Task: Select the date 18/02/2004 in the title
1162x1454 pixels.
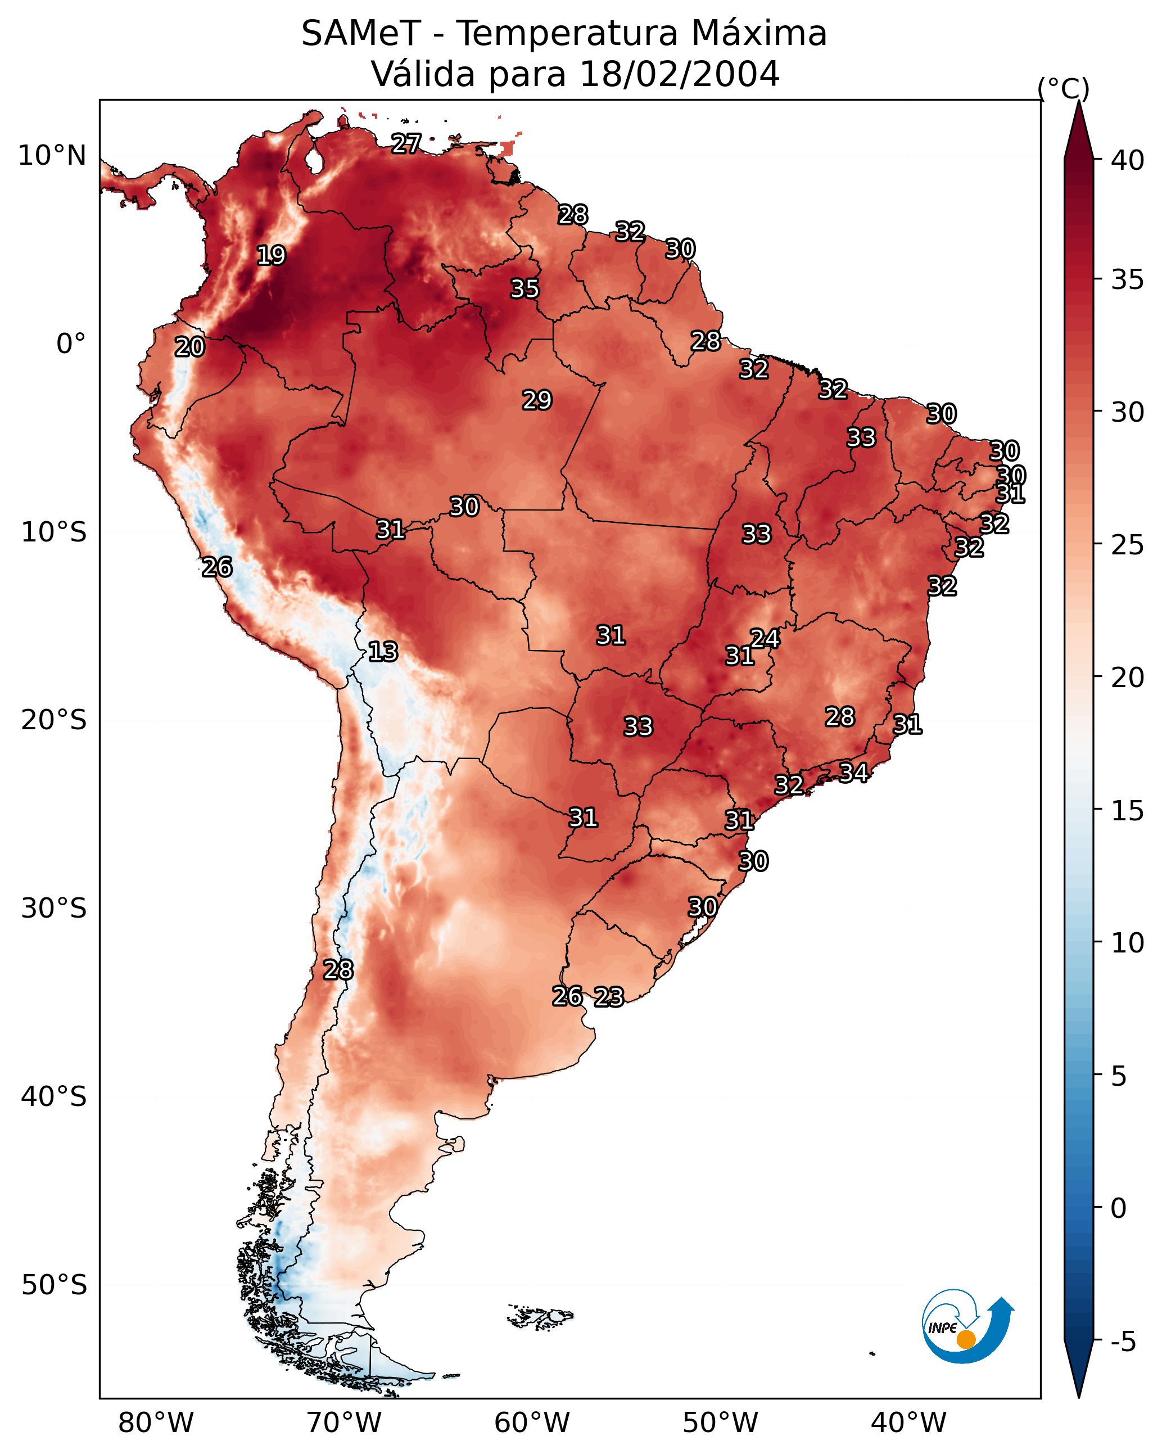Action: pyautogui.click(x=679, y=74)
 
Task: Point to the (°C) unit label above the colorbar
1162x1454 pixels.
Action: pyautogui.click(x=1063, y=88)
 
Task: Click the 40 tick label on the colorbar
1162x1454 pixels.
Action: pyautogui.click(x=1128, y=160)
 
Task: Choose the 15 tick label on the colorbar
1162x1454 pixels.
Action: pyautogui.click(x=1128, y=811)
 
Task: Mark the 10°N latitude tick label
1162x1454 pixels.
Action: pyautogui.click(x=52, y=156)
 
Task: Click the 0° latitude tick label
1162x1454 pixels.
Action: pyautogui.click(x=71, y=344)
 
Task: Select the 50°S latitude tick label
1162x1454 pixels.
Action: pyautogui.click(x=54, y=1285)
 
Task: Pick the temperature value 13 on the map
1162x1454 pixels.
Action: pyautogui.click(x=383, y=652)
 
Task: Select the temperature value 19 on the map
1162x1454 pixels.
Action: pyautogui.click(x=271, y=256)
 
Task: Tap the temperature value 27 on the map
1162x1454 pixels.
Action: pyautogui.click(x=406, y=143)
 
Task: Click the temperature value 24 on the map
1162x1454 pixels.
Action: pyautogui.click(x=765, y=638)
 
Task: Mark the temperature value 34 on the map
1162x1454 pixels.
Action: pyautogui.click(x=853, y=772)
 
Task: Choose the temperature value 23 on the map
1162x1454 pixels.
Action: pyautogui.click(x=609, y=997)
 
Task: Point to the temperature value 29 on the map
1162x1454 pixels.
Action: pyautogui.click(x=537, y=400)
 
